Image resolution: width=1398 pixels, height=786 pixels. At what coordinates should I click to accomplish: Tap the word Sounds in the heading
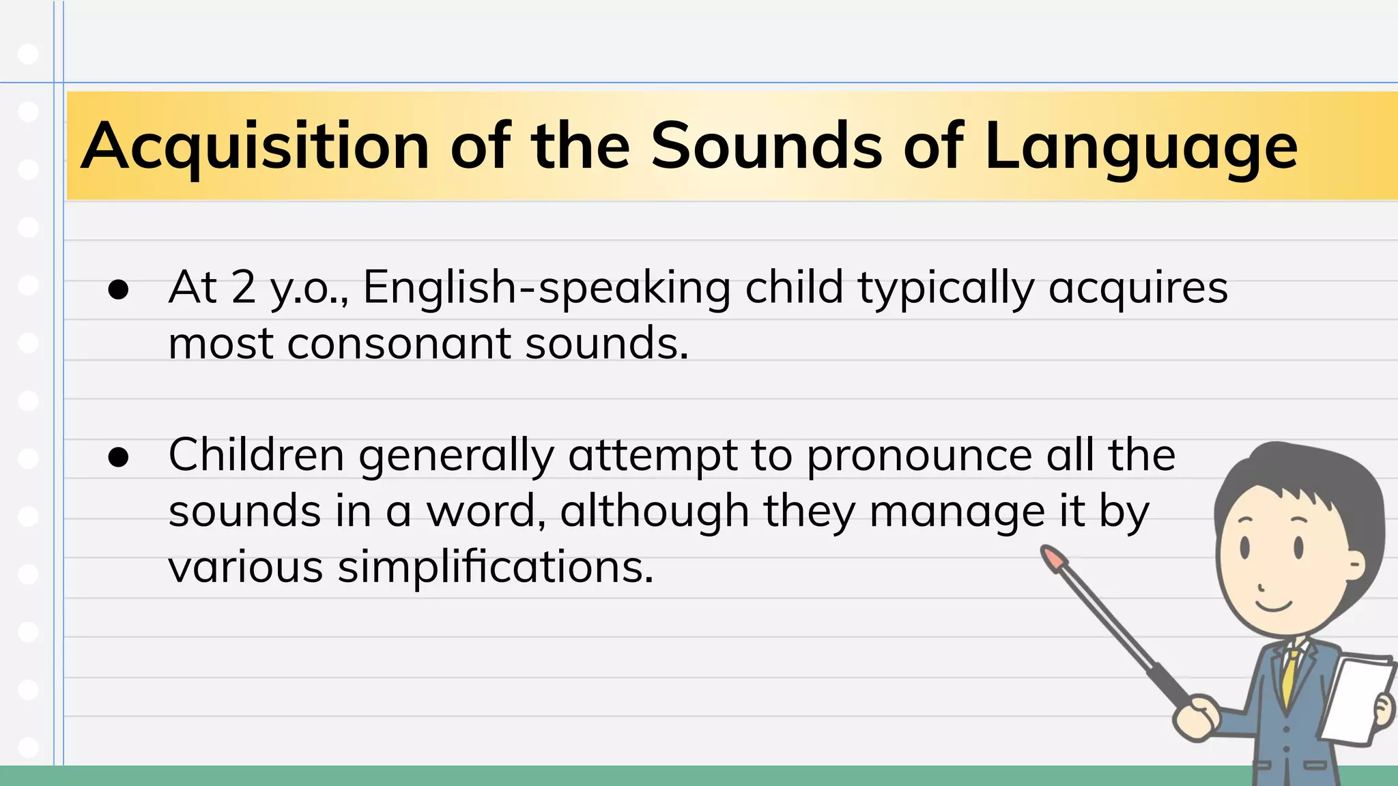pos(767,146)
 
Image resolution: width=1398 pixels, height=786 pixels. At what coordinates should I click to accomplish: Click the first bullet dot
pos(118,289)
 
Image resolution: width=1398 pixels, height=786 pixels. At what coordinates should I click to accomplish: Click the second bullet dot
pos(118,457)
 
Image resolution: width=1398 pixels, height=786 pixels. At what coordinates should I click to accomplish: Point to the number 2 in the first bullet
pos(243,287)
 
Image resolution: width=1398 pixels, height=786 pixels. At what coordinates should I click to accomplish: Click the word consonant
pos(399,343)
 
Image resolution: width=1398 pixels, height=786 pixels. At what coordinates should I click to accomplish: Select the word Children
pos(256,455)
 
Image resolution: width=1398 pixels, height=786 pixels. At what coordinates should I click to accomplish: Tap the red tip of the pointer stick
pos(1053,557)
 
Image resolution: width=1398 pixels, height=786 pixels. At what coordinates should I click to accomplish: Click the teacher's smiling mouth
pos(1274,605)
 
